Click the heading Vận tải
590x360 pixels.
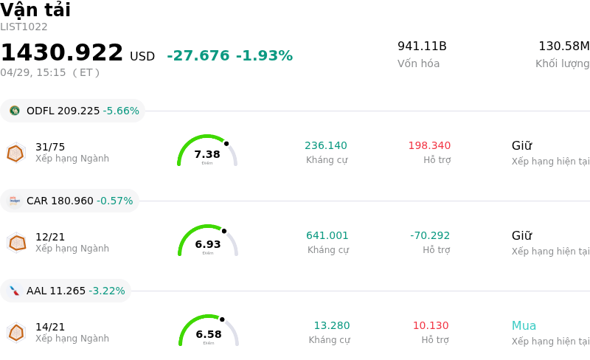tap(35, 10)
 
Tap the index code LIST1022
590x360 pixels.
tap(24, 27)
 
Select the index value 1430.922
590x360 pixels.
tap(62, 53)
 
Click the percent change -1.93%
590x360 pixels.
tap(264, 56)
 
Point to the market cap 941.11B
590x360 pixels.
tap(422, 46)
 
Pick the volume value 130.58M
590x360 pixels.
tap(563, 46)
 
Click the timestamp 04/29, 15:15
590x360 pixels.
tap(33, 72)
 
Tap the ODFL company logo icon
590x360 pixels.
tap(15, 111)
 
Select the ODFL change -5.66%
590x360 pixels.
tap(121, 111)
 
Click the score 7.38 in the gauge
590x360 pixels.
tap(207, 154)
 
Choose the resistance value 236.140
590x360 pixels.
tap(326, 146)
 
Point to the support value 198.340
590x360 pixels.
tap(429, 146)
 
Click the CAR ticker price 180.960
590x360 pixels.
tap(72, 201)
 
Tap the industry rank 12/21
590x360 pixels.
tap(50, 237)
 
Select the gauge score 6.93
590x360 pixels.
tap(208, 244)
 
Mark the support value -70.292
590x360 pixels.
tap(430, 236)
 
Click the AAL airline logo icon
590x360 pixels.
tap(15, 291)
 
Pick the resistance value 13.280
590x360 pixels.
tap(332, 326)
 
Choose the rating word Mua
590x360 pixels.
tap(524, 326)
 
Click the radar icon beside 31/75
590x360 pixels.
tap(15, 153)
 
